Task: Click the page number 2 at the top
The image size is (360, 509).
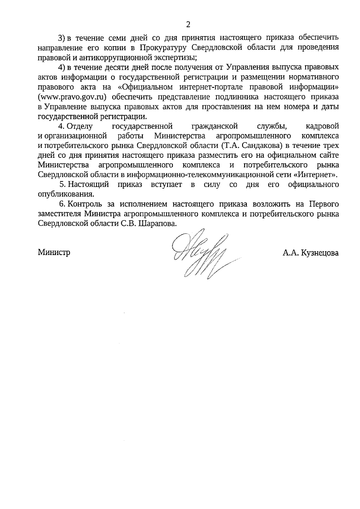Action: (x=188, y=25)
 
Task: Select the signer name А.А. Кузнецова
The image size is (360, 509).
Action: (x=310, y=253)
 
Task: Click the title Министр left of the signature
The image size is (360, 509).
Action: (x=54, y=252)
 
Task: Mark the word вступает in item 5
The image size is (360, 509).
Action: (x=166, y=184)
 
